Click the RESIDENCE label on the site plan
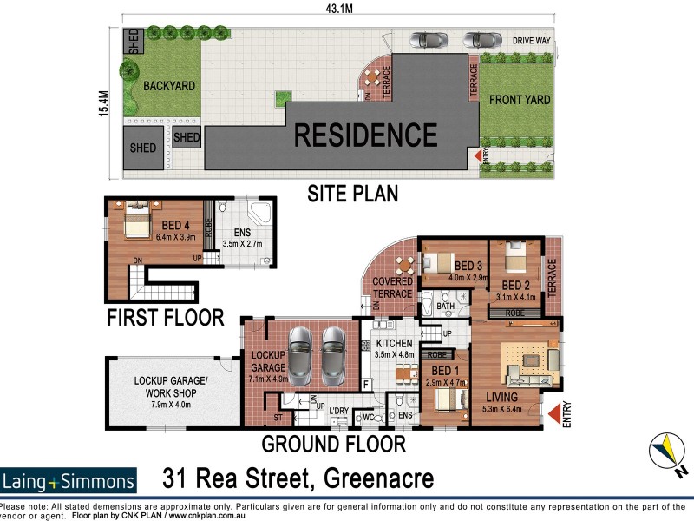(x=365, y=135)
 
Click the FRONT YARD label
(x=520, y=100)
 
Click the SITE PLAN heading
(x=353, y=194)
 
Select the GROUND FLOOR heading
(x=334, y=445)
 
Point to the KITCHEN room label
(x=394, y=344)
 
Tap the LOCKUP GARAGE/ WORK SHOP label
(x=170, y=386)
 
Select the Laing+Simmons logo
(x=69, y=481)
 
